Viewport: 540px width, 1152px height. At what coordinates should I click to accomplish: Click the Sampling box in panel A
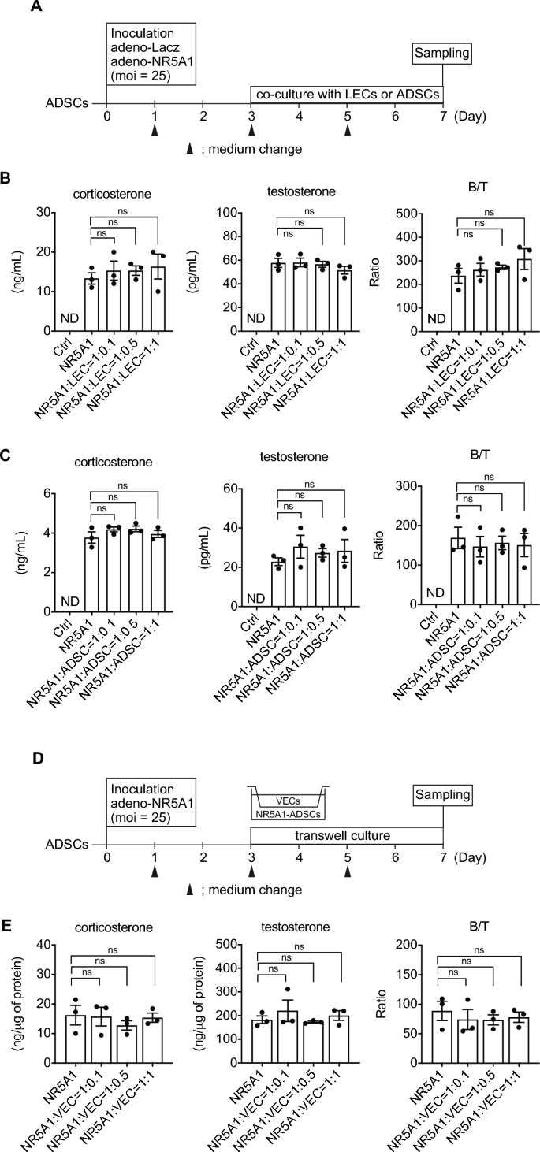pos(444,54)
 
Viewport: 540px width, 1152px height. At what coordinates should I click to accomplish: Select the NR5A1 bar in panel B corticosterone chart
pos(93,305)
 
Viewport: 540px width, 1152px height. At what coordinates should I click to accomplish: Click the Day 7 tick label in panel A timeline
pos(444,116)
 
